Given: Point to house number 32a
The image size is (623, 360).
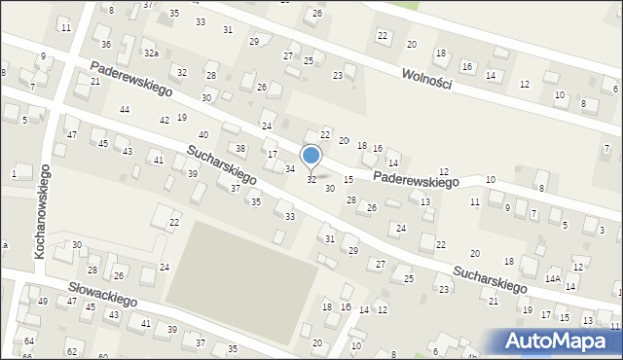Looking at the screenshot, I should tap(151, 53).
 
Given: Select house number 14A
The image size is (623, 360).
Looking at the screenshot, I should tap(552, 278).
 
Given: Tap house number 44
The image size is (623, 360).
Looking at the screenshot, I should tap(125, 110).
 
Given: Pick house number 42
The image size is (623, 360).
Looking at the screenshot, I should tap(165, 121).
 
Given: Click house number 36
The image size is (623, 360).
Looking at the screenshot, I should tap(106, 45).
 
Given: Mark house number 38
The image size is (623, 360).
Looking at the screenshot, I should tap(240, 148).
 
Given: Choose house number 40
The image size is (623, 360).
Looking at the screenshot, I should tap(203, 135).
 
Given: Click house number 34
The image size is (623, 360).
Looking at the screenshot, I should tap(289, 169).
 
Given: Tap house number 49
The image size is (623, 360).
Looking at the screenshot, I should tap(43, 302).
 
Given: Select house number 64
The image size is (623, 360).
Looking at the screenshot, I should tap(29, 341).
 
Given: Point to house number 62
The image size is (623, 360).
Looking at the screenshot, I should tap(71, 350).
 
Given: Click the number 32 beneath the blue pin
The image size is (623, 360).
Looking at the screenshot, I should tap(311, 180).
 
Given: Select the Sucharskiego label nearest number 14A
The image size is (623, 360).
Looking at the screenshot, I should tap(489, 275).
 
